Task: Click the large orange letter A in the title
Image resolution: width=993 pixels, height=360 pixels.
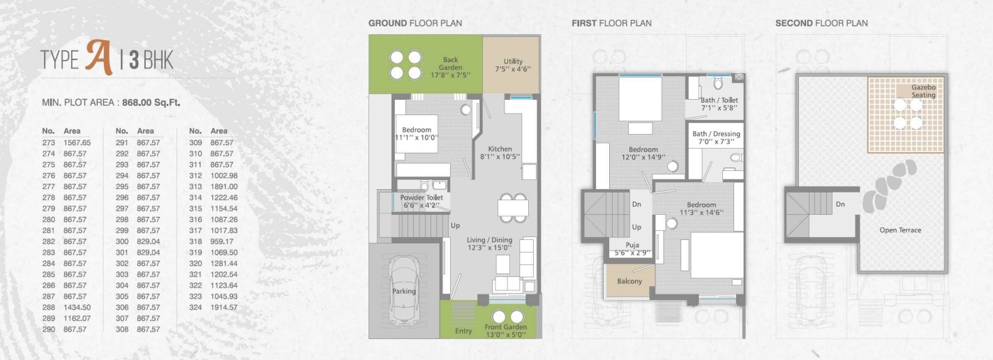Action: [99, 57]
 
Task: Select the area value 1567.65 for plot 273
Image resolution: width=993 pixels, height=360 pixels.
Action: [77, 143]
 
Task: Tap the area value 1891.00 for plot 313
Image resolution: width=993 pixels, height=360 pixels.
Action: [224, 187]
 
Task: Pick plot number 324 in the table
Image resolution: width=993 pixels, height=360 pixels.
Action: [195, 307]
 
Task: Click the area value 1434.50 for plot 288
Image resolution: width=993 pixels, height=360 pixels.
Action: [77, 307]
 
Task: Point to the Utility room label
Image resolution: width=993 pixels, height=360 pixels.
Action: [513, 61]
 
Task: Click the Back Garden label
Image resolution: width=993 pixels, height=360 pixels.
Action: [450, 63]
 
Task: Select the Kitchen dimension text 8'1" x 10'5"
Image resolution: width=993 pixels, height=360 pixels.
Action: [500, 156]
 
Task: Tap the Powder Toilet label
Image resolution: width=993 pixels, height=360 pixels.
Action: [421, 197]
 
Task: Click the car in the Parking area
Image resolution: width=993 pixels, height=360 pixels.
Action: [404, 291]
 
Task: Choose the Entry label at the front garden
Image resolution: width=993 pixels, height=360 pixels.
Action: [463, 331]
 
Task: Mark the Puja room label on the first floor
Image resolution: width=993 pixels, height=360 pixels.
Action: [633, 245]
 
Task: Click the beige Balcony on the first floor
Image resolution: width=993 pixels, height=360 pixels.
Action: [629, 281]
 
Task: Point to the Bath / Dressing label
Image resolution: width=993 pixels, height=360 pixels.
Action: [716, 134]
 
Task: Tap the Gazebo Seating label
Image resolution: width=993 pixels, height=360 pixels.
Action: [923, 91]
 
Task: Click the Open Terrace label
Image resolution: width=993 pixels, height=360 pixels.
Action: [900, 230]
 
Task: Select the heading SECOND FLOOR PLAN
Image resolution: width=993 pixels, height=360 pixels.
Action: [821, 23]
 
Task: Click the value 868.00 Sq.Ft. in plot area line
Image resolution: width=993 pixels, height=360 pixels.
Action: [151, 103]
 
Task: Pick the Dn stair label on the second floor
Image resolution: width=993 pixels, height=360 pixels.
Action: [840, 204]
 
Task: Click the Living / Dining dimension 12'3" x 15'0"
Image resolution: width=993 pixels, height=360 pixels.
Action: [489, 248]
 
